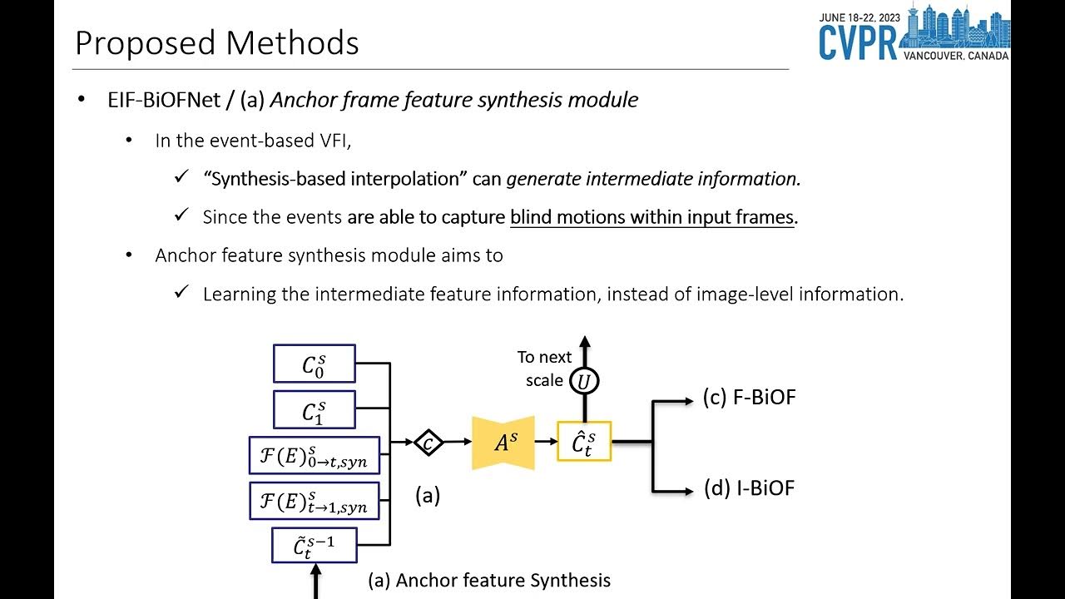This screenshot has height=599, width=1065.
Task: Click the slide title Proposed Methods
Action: click(217, 43)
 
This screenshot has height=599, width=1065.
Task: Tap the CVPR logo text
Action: click(858, 42)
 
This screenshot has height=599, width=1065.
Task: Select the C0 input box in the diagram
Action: click(314, 364)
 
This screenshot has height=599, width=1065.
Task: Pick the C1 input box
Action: click(314, 409)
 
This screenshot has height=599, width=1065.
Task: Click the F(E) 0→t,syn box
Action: click(314, 455)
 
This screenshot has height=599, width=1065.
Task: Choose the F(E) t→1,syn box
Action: click(314, 501)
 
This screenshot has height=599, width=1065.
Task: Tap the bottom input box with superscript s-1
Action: click(314, 546)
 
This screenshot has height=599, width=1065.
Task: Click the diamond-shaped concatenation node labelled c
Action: click(428, 443)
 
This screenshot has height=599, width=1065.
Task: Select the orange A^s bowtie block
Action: click(503, 443)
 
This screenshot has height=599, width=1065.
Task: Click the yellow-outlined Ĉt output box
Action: click(584, 442)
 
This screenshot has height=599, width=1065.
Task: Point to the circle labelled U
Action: click(584, 381)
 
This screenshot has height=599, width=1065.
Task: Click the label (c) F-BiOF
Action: click(749, 398)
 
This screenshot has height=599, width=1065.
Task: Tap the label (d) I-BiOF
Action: click(749, 488)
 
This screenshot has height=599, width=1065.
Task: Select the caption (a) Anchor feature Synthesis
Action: click(489, 580)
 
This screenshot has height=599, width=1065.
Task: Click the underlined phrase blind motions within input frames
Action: click(651, 217)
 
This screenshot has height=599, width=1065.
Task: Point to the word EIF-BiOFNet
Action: click(164, 100)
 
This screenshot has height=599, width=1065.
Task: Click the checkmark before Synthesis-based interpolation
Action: click(182, 178)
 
